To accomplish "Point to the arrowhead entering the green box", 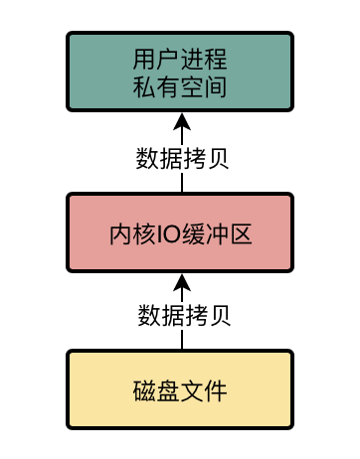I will pyautogui.click(x=181, y=122).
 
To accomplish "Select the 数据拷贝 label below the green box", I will pyautogui.click(x=182, y=157).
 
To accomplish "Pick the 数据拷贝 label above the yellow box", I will pyautogui.click(x=182, y=316).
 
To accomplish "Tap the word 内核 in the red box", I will pyautogui.click(x=132, y=234).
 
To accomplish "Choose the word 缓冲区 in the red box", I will pyautogui.click(x=217, y=234).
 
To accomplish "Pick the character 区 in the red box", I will pyautogui.click(x=240, y=234).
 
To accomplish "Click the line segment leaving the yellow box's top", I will pyautogui.click(x=182, y=340).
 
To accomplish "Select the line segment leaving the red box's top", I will pyautogui.click(x=182, y=183).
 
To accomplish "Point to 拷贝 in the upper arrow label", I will pyautogui.click(x=206, y=157).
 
